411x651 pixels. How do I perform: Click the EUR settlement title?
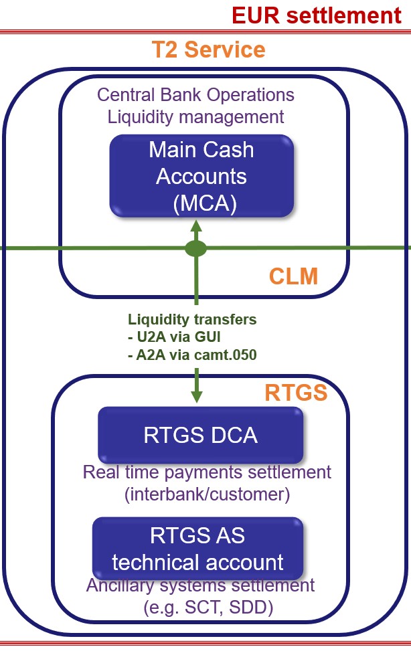[x=317, y=15]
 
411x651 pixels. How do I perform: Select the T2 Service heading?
[x=208, y=50]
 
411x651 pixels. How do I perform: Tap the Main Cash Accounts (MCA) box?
[x=201, y=176]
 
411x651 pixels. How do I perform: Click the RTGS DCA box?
[x=200, y=436]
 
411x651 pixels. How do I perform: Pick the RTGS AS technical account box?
[x=197, y=549]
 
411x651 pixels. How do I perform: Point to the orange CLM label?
[x=293, y=276]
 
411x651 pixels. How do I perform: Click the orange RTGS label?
[x=296, y=392]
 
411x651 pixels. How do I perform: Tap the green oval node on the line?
[x=195, y=249]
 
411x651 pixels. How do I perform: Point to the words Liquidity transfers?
[x=192, y=320]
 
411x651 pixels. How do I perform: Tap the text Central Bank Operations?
[x=195, y=94]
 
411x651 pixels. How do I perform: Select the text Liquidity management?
[x=195, y=116]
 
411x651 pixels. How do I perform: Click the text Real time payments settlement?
[x=207, y=472]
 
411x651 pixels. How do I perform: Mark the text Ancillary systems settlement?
[x=200, y=585]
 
